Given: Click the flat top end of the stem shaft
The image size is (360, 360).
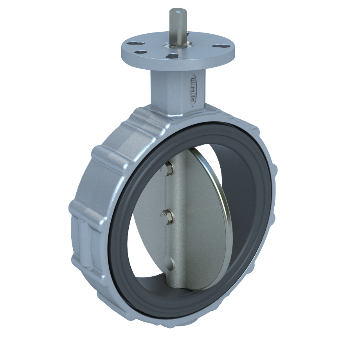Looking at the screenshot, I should [177, 11].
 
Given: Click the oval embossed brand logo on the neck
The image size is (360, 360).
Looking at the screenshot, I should [192, 89].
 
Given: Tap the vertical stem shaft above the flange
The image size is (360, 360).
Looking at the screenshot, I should [177, 27].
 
